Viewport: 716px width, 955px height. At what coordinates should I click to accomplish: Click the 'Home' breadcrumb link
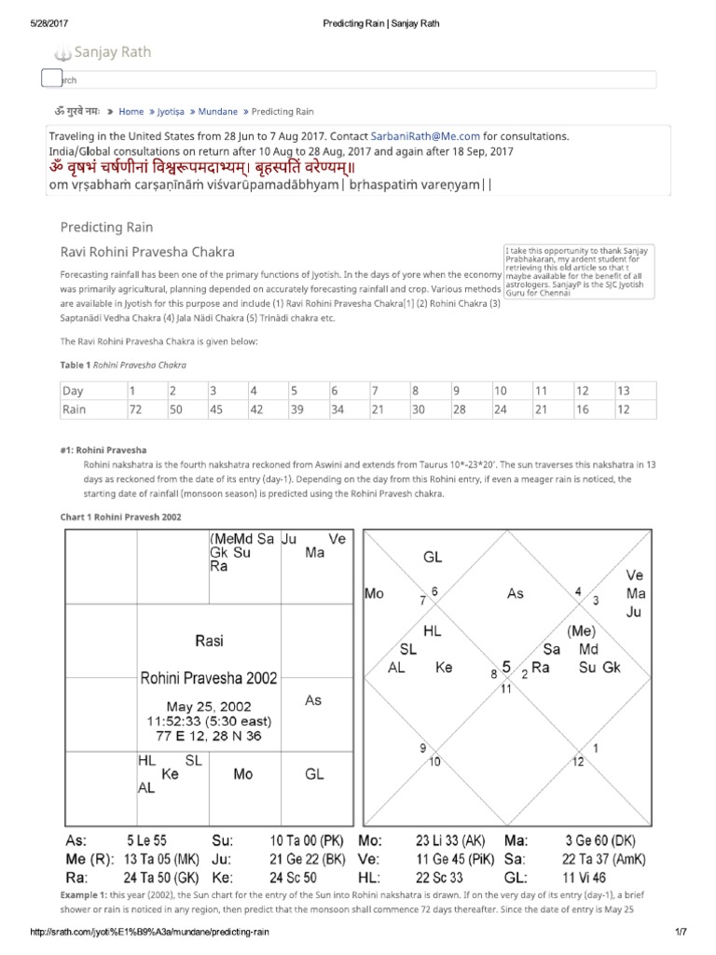pos(131,111)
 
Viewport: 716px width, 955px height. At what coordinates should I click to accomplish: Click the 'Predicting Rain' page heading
pos(106,227)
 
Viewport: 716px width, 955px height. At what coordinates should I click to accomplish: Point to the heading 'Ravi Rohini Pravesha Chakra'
pos(147,252)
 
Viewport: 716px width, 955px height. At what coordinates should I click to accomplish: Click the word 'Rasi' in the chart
pos(209,641)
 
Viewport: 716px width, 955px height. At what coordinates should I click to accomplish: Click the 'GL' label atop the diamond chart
pos(433,557)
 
